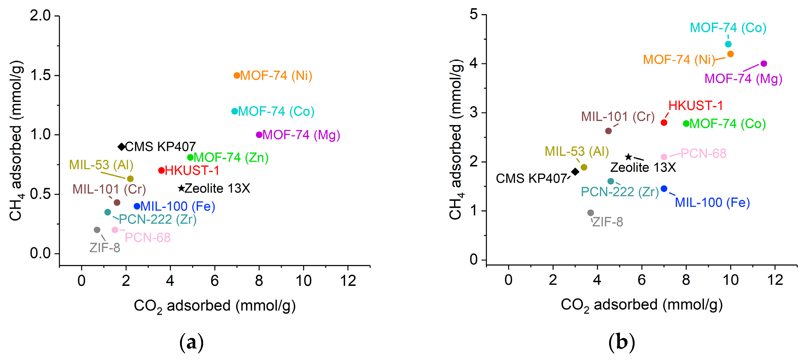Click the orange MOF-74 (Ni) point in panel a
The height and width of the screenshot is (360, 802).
[x=237, y=75]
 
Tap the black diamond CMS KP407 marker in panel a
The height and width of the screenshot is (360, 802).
[x=121, y=147]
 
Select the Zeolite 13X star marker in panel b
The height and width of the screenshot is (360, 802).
[x=628, y=157]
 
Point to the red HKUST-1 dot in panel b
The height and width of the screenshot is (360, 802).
[x=664, y=123]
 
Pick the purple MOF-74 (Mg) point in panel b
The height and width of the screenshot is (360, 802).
[x=763, y=64]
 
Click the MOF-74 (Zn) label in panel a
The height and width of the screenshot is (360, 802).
[x=231, y=158]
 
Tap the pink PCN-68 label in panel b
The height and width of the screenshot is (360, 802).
[x=703, y=153]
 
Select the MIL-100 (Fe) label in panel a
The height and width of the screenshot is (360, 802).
[x=177, y=206]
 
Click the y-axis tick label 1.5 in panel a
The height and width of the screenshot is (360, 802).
[x=40, y=75]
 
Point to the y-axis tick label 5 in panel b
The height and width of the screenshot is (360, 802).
[x=474, y=14]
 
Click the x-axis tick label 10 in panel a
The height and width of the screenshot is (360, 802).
[x=303, y=281]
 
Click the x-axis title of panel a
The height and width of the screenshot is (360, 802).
[x=214, y=306]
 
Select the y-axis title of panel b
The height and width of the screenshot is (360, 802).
[x=456, y=139]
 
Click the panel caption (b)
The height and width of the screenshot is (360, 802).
[x=621, y=342]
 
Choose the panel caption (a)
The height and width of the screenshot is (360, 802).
[x=192, y=342]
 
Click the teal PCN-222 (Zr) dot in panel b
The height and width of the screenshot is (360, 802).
[x=610, y=181]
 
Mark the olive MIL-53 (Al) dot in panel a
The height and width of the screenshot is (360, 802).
[x=130, y=179]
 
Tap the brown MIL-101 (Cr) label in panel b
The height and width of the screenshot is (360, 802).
[x=618, y=117]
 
